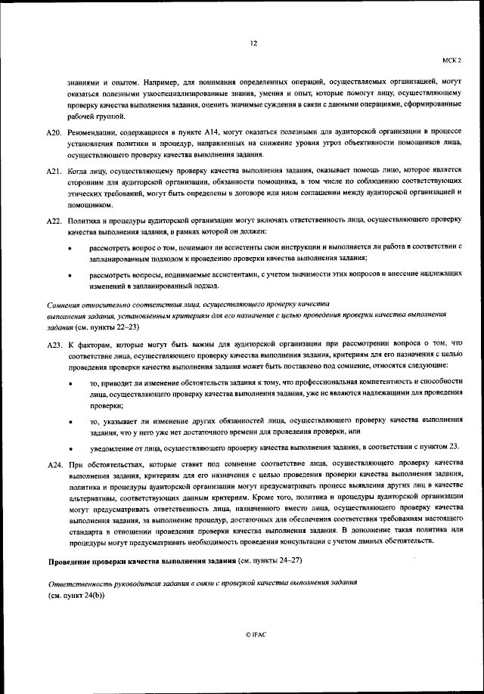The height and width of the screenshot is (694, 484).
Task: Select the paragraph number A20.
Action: click(x=53, y=132)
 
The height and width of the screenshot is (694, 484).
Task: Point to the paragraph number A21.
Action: click(x=53, y=172)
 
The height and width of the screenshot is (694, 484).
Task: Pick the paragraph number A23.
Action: click(x=53, y=345)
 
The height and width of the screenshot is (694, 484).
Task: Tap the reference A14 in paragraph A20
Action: click(x=193, y=132)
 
